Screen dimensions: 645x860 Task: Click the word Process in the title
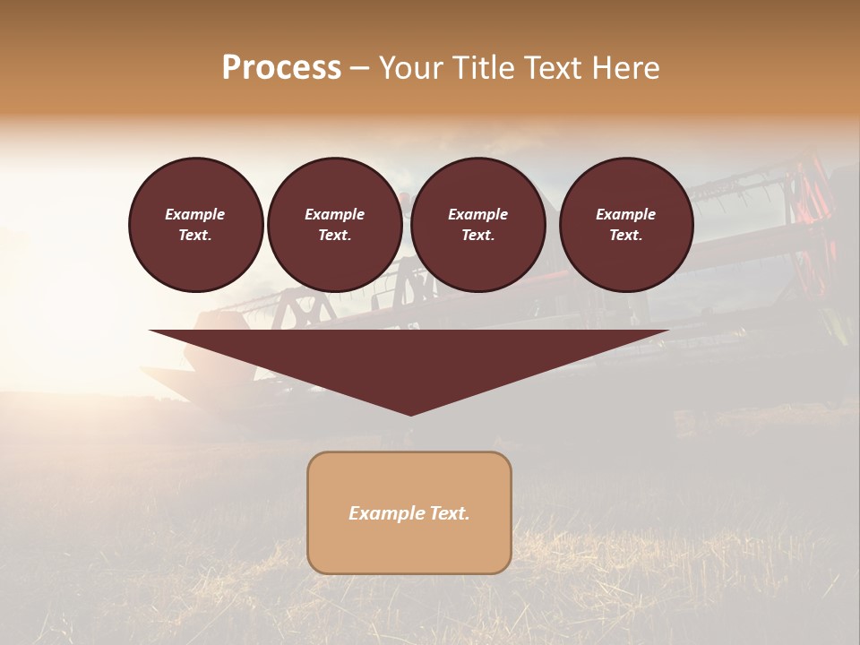281,68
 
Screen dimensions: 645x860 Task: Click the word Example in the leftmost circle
195,214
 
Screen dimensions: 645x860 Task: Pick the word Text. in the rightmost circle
625,235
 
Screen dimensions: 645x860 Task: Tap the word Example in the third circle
477,214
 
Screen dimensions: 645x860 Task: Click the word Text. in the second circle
334,235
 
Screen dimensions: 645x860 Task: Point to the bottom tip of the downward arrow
410,413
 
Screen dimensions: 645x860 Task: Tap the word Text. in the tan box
450,513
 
